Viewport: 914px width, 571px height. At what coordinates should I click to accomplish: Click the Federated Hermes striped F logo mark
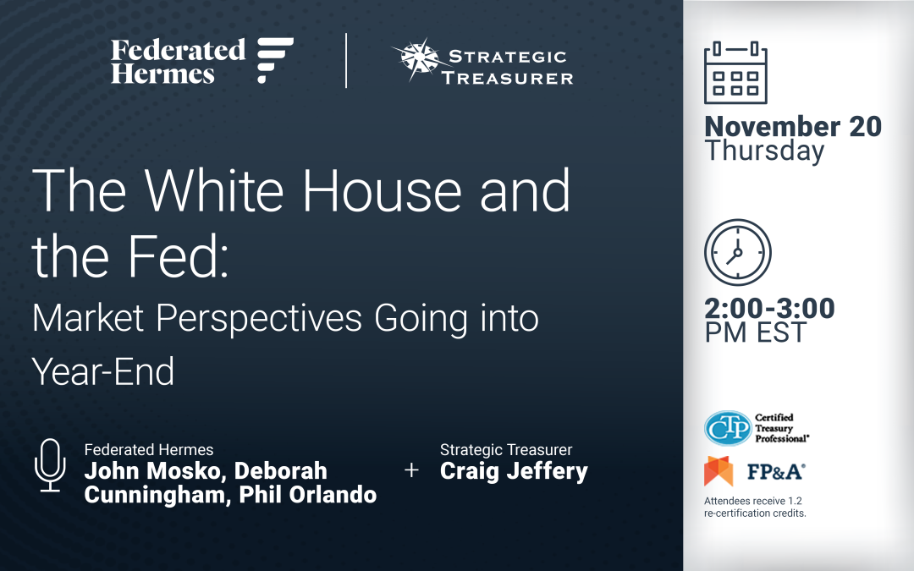275,60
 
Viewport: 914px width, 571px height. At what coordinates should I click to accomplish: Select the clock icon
737,253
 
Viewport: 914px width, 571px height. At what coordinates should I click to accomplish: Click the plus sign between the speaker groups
411,471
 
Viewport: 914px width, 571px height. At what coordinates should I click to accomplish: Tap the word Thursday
764,151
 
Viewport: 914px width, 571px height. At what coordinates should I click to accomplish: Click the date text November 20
793,127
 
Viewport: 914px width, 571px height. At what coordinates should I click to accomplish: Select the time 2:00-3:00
769,308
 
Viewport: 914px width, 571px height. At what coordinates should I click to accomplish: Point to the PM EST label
755,332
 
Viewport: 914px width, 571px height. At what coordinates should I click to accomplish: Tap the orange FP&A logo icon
719,471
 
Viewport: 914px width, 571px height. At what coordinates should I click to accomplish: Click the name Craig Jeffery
514,471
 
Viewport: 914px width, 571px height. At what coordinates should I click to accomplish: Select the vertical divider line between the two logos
346,61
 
